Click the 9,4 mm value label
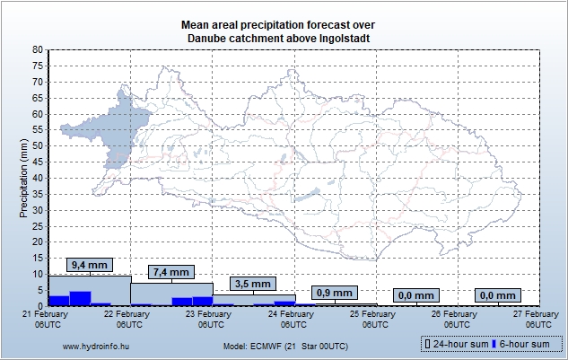[90, 265]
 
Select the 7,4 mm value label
[171, 272]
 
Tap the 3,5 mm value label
[253, 284]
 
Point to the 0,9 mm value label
[335, 293]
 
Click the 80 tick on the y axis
[37, 50]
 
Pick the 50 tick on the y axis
[37, 146]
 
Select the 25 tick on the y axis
[37, 226]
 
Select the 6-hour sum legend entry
[523, 345]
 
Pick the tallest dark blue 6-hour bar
[80, 298]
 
